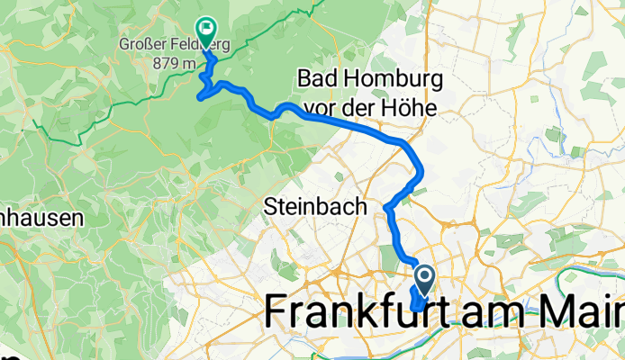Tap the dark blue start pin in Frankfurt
click(424, 276)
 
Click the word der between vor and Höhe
click(359, 108)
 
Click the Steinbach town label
click(315, 207)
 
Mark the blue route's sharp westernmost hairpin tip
click(200, 91)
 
